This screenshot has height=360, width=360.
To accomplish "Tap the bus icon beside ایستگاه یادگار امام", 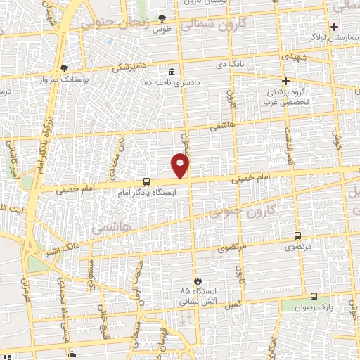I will pyautogui.click(x=146, y=181).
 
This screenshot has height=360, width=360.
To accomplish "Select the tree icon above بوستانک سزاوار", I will pyautogui.click(x=64, y=67).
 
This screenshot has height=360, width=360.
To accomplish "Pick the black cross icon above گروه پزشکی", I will pyautogui.click(x=286, y=81).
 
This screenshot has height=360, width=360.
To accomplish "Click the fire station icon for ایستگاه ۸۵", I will pyautogui.click(x=198, y=280).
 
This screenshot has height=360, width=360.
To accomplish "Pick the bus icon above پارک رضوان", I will pyautogui.click(x=314, y=296).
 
